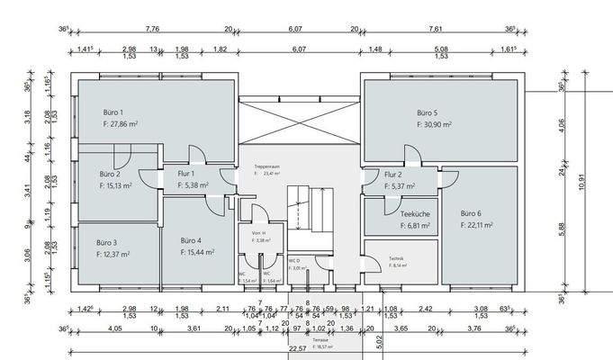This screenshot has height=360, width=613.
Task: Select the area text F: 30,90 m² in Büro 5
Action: (x=434, y=125)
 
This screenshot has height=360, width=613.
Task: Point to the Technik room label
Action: (x=397, y=257)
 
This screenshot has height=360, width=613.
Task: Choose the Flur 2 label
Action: (x=392, y=175)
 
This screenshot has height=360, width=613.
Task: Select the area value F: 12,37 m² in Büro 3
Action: (x=113, y=255)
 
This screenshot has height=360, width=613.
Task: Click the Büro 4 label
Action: (x=191, y=240)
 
